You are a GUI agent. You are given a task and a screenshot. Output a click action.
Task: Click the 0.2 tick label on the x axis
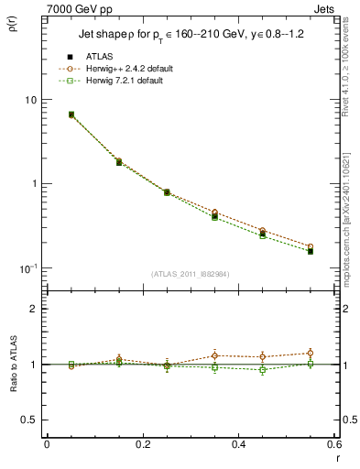pos(142,444)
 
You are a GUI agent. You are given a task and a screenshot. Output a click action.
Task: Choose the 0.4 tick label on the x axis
pos(238,444)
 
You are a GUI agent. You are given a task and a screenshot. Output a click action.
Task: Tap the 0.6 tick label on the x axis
pos(333,444)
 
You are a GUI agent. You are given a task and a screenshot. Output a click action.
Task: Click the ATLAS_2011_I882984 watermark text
pos(191,273)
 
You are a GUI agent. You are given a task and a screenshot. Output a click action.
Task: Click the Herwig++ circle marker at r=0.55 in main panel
pos(311,246)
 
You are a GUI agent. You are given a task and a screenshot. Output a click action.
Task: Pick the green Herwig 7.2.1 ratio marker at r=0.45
pos(263,370)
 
